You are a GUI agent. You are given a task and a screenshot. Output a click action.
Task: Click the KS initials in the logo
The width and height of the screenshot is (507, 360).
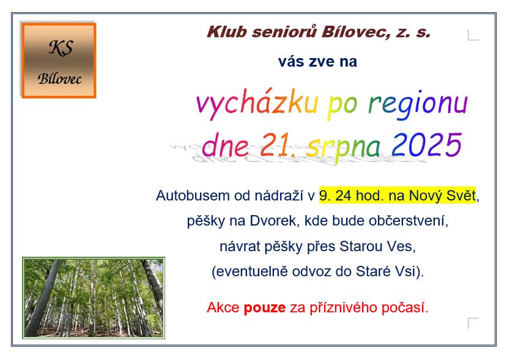click(61, 48)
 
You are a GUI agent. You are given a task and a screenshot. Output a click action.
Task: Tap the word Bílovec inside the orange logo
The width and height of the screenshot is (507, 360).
click(59, 79)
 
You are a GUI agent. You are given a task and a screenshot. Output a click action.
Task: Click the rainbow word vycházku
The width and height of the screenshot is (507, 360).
click(257, 104)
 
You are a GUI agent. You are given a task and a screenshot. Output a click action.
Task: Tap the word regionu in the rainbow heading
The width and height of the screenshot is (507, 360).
click(418, 104)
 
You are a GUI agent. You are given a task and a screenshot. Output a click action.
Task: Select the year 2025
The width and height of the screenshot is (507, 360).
click(426, 145)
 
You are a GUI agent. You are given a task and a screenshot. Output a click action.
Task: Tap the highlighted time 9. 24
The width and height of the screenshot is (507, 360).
click(335, 196)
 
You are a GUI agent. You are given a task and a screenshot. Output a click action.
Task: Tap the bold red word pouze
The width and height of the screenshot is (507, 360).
click(264, 308)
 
